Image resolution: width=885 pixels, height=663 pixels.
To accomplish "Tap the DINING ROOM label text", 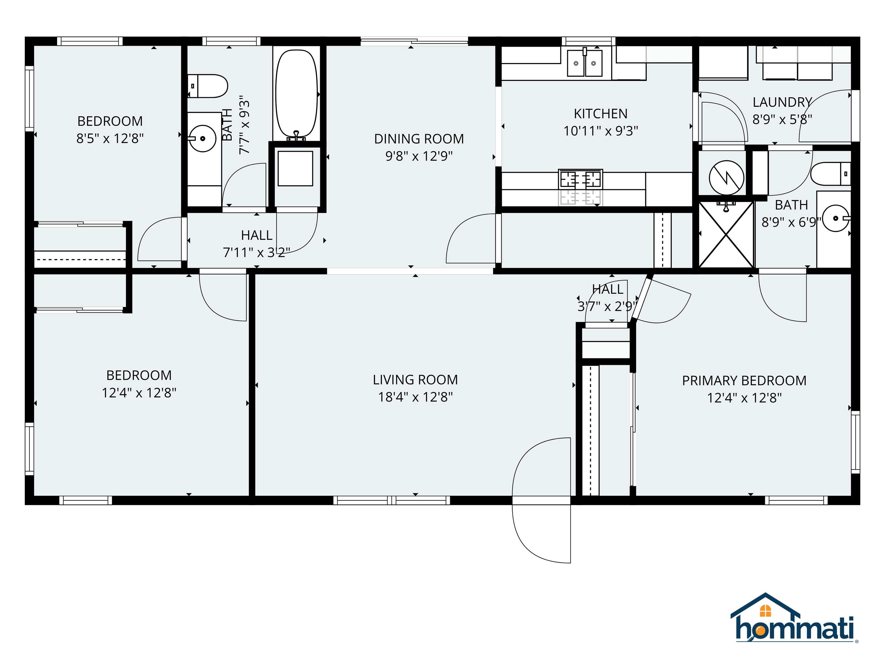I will click(x=419, y=139).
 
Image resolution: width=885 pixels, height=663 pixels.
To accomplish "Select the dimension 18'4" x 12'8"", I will click(x=415, y=397).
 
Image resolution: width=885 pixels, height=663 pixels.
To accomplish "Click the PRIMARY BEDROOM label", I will click(x=744, y=380).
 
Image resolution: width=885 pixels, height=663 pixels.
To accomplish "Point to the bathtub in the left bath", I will click(x=296, y=94).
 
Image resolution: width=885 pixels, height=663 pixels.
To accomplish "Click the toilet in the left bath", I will click(x=208, y=86).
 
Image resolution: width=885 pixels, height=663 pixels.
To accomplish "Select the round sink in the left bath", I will click(x=203, y=139).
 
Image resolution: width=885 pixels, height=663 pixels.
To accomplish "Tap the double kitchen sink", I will click(x=585, y=63).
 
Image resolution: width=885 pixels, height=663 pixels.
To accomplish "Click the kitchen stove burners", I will click(x=580, y=180).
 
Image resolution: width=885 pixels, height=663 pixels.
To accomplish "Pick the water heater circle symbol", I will click(x=726, y=178).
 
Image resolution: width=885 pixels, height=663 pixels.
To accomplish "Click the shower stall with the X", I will click(x=726, y=235).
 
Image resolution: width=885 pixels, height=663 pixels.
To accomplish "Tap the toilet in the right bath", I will click(x=830, y=174).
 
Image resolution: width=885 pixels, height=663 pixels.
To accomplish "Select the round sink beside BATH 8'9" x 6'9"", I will click(x=835, y=218).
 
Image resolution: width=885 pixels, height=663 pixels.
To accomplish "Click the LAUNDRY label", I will click(x=782, y=102).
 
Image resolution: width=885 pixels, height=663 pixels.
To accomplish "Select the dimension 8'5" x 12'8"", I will click(x=110, y=138).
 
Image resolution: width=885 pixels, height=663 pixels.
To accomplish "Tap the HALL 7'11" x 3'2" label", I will click(x=256, y=244).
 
